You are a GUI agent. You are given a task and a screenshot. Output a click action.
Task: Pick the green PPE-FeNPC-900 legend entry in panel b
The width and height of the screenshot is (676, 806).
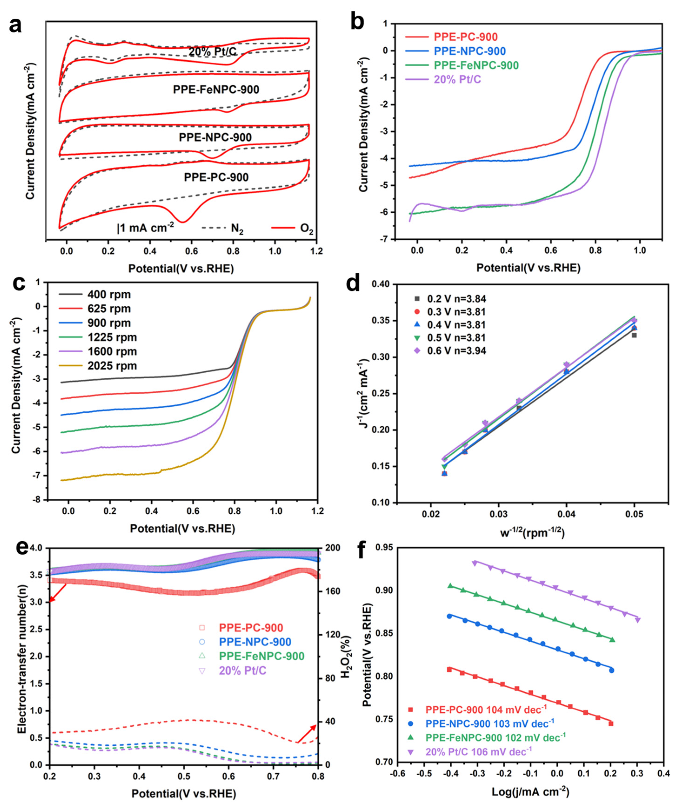[462, 65]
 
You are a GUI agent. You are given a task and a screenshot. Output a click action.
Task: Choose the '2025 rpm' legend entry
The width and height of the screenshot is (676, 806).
[98, 366]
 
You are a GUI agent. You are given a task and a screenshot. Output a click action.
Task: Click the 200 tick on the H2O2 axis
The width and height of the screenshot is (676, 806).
[331, 548]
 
